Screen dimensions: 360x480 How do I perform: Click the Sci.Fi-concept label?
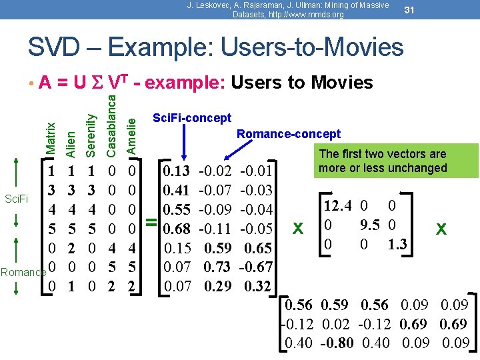click(x=192, y=118)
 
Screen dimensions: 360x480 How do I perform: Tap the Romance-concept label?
click(x=288, y=134)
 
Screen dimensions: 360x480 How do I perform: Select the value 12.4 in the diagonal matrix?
click(x=341, y=206)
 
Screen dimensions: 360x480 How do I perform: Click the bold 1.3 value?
click(x=399, y=245)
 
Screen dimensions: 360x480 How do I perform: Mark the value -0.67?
click(x=257, y=267)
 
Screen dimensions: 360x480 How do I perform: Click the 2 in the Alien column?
click(x=71, y=249)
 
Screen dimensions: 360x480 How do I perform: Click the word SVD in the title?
click(x=58, y=47)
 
